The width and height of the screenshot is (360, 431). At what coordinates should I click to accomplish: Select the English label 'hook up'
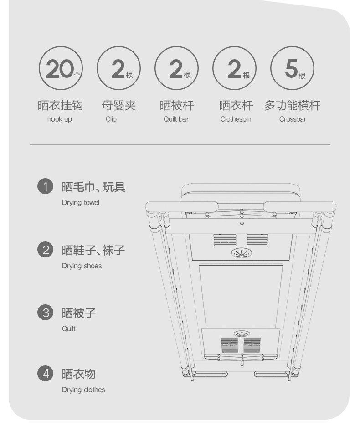(x=60, y=119)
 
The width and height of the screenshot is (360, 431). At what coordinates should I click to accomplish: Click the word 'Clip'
(x=111, y=119)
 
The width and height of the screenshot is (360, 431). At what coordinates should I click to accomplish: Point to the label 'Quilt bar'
(x=176, y=119)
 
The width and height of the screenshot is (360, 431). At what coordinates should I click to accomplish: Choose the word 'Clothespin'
(x=236, y=119)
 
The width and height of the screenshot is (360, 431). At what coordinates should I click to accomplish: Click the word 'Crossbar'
(x=293, y=119)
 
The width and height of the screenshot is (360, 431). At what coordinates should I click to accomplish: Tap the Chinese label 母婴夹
(x=119, y=105)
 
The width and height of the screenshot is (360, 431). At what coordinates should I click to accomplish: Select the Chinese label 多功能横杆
(x=293, y=105)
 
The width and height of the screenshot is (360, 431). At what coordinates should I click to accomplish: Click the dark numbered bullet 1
(x=46, y=186)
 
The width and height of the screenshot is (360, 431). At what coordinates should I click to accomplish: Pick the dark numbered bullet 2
(x=46, y=250)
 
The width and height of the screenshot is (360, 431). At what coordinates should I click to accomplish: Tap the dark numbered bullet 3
(x=46, y=313)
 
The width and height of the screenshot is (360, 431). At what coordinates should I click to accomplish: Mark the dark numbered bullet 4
(x=46, y=374)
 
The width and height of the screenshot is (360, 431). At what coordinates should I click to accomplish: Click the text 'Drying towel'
(x=81, y=203)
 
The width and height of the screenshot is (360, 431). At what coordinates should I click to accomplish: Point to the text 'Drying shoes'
(x=82, y=266)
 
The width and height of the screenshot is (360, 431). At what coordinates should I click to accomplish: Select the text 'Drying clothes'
(x=83, y=390)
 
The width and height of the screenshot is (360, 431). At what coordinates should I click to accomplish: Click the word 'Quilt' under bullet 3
(x=68, y=329)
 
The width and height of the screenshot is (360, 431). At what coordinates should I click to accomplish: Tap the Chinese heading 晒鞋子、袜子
(x=93, y=250)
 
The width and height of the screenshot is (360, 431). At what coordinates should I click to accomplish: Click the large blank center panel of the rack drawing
(x=241, y=296)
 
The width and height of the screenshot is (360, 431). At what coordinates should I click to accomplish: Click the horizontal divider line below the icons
(x=180, y=144)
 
